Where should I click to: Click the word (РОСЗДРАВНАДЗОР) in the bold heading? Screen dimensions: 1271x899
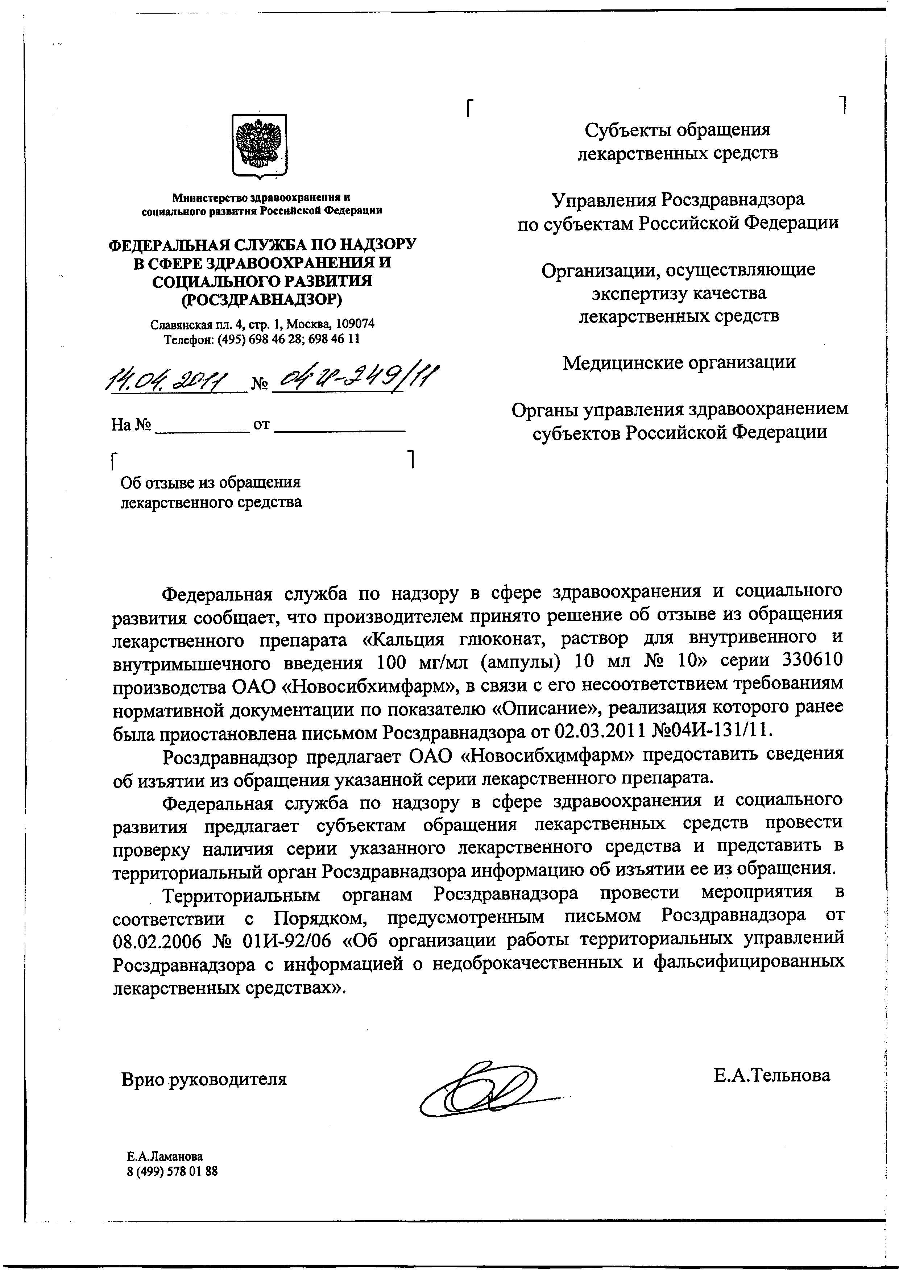[262, 299]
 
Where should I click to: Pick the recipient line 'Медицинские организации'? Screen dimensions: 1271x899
[679, 362]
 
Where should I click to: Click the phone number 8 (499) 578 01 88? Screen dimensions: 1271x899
[172, 1171]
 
